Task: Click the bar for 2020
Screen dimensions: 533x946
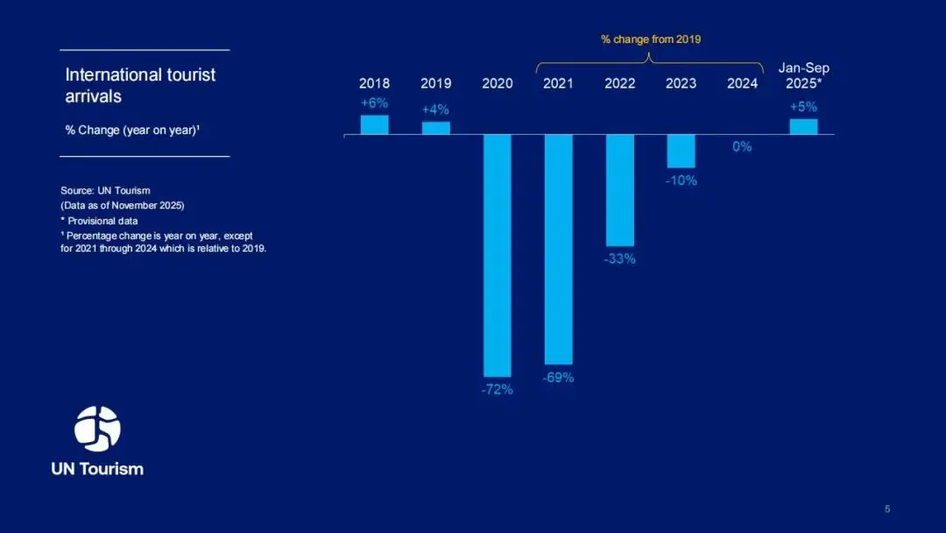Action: [x=498, y=255]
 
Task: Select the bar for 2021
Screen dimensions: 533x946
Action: [x=559, y=249]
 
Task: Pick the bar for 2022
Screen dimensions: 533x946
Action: [x=620, y=190]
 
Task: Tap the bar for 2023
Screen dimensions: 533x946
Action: [x=681, y=151]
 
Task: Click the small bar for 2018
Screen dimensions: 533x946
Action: [x=374, y=124]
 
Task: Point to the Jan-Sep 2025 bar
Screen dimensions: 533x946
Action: [x=803, y=126]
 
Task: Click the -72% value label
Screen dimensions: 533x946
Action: [x=498, y=390]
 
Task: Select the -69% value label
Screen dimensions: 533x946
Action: [x=558, y=378]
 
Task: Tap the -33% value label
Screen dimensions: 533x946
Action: [x=619, y=259]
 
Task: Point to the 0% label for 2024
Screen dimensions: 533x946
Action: [x=742, y=147]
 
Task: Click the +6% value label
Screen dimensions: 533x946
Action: [x=374, y=103]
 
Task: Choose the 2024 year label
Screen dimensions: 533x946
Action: [x=742, y=84]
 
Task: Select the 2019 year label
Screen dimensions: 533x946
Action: [x=435, y=84]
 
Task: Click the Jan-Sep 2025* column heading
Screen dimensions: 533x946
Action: [x=803, y=76]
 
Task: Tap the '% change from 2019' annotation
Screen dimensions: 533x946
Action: [x=651, y=39]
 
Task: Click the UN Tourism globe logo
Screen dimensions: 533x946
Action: [x=97, y=429]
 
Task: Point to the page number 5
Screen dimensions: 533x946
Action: [x=887, y=509]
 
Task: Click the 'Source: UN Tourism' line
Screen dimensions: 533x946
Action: [x=105, y=190]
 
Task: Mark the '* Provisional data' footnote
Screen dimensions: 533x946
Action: [x=99, y=221]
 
